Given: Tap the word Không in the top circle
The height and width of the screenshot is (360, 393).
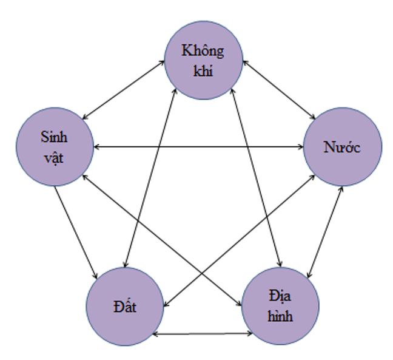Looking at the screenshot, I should (203, 50).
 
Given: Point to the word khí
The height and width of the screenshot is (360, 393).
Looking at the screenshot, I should (203, 70).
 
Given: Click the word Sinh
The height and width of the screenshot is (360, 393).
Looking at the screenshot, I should (54, 136).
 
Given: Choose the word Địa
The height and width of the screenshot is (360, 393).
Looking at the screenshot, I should (281, 296).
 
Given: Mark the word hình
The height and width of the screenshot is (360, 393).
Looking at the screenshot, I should (281, 316).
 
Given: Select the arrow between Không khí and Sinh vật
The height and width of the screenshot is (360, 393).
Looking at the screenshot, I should (124, 89).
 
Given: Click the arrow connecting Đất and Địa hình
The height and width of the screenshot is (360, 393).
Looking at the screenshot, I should (203, 333).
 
